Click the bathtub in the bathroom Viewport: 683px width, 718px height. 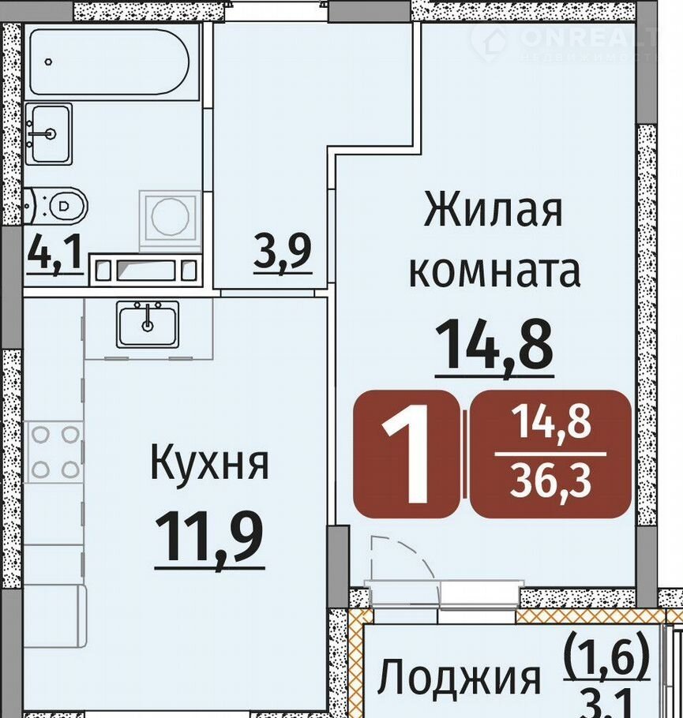[110, 62]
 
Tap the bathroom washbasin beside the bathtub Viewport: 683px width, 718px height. [49, 133]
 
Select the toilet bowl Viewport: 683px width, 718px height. [56, 206]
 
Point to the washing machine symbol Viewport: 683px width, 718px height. [170, 216]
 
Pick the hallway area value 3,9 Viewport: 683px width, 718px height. [283, 252]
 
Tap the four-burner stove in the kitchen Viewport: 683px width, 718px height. [55, 452]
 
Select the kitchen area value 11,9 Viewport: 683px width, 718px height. [210, 538]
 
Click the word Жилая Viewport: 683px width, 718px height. [493, 211]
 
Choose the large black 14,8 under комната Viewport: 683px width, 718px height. [494, 346]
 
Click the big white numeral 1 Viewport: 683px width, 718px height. [407, 454]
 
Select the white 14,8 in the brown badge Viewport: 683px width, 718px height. [551, 424]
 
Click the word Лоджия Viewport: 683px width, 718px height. [459, 679]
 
